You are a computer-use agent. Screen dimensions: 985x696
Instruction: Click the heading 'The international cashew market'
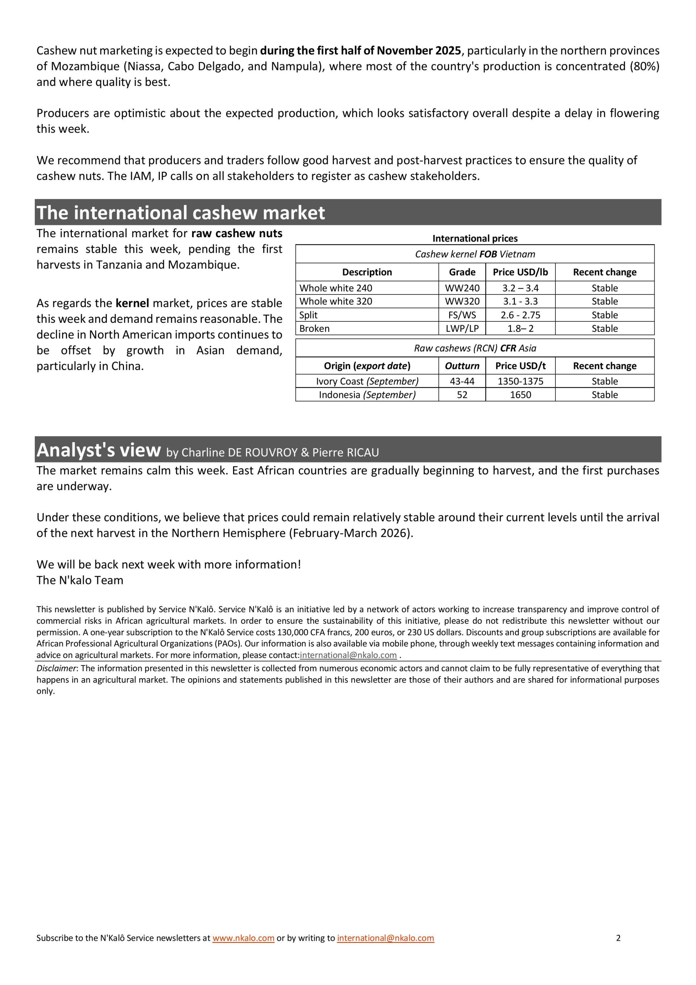click(181, 213)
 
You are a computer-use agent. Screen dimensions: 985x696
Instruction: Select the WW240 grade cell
click(462, 288)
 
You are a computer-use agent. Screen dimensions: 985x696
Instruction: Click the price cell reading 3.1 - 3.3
click(520, 301)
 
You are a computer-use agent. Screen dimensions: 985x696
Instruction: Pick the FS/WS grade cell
click(462, 315)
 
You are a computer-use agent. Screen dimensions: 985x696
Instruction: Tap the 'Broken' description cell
click(315, 328)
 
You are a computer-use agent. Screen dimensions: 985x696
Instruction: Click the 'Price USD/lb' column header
click(520, 272)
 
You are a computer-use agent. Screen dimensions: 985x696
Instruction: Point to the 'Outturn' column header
click(462, 366)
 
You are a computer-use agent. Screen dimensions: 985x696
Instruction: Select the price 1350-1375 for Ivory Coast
click(520, 381)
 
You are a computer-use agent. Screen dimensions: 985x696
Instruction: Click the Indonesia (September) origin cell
click(367, 395)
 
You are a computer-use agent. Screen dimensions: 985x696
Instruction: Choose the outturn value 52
click(462, 395)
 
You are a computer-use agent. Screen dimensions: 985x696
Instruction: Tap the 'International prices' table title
click(475, 238)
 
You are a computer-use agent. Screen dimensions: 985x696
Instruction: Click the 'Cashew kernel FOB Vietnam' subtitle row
click(475, 254)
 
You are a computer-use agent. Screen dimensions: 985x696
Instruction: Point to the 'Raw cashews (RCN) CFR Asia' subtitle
click(475, 348)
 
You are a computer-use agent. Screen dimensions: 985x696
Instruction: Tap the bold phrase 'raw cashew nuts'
click(237, 234)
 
